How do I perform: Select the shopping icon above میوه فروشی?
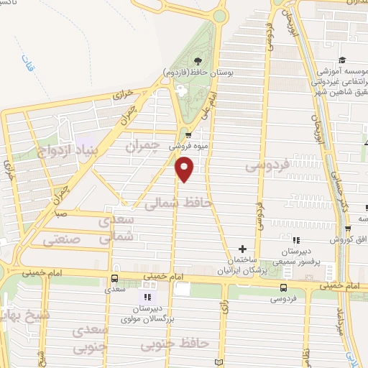[x=188, y=134]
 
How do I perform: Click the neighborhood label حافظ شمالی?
[x=178, y=204]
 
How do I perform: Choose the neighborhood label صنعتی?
[x=62, y=239]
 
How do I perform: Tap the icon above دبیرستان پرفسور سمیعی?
[x=295, y=240]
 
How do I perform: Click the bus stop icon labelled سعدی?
[x=114, y=279]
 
